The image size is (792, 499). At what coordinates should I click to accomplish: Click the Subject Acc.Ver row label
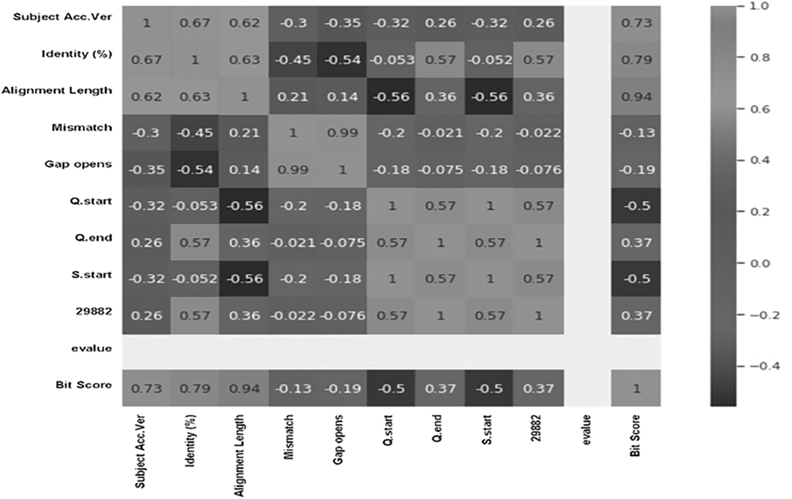click(x=62, y=17)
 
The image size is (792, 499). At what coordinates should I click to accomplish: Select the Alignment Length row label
click(x=57, y=91)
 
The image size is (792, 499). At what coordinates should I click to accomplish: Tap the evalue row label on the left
click(x=91, y=348)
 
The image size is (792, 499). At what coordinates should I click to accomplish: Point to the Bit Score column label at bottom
click(x=635, y=436)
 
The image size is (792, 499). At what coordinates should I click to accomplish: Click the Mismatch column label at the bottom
click(x=288, y=437)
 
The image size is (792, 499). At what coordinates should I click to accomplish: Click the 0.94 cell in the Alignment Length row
click(x=636, y=97)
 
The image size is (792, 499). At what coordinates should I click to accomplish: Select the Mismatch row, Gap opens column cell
click(x=343, y=133)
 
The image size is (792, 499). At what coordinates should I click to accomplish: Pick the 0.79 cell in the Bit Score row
click(x=195, y=389)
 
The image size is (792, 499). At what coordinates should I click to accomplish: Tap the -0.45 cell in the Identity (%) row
click(x=293, y=60)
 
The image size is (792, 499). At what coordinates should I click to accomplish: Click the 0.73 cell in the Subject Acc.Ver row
click(x=636, y=23)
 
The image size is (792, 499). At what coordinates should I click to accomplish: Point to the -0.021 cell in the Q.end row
click(x=293, y=243)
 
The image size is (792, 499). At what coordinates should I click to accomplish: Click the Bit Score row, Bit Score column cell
click(x=636, y=389)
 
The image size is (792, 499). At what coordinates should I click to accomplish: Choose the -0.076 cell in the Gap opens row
click(x=538, y=170)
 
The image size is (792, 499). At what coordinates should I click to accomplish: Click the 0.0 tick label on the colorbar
click(x=760, y=263)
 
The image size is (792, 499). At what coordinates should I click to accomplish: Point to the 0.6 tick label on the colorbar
click(x=760, y=109)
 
